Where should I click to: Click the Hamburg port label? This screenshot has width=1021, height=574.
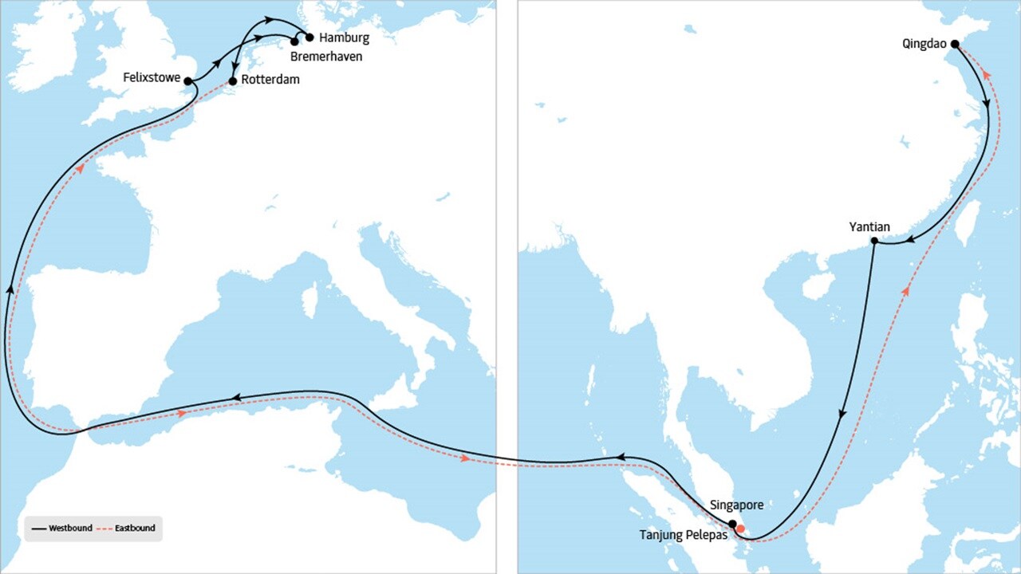[344, 37]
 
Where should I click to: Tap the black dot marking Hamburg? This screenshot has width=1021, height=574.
[310, 37]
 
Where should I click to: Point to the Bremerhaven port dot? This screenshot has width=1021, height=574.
[294, 41]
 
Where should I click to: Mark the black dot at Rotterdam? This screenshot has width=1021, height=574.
[232, 81]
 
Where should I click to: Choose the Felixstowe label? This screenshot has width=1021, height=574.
[152, 78]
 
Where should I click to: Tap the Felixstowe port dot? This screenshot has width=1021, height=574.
[187, 81]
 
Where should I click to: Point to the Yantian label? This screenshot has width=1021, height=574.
[869, 227]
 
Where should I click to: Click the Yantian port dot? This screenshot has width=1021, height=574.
[874, 241]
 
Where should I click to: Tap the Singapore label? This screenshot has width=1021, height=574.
[737, 505]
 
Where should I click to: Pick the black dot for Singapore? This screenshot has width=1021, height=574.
[732, 524]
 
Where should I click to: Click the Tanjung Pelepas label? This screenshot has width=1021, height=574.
[684, 535]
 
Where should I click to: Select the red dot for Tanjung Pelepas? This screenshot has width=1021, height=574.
[741, 529]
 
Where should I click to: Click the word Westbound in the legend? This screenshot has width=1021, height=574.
[70, 528]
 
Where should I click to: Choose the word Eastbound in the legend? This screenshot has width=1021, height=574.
[134, 528]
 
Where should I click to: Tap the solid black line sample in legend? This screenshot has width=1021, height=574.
[38, 528]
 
